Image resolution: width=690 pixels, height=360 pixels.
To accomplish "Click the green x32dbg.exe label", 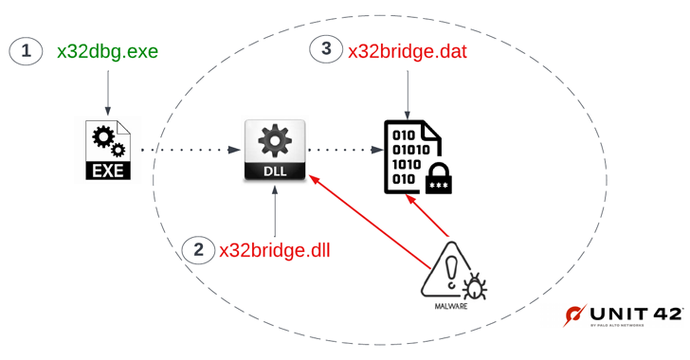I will click(x=107, y=51).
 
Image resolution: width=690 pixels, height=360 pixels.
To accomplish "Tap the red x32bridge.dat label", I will click(x=409, y=51).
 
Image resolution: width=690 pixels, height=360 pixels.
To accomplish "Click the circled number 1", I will click(x=27, y=51).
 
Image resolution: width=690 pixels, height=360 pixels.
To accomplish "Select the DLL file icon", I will click(x=275, y=150).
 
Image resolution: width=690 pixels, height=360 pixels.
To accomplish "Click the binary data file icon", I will click(x=408, y=156).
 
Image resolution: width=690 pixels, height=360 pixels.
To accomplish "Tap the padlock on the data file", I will click(x=438, y=178).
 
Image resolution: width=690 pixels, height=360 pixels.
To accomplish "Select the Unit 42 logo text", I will click(x=635, y=314).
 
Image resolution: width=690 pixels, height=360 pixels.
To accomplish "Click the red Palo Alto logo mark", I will click(x=574, y=315).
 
